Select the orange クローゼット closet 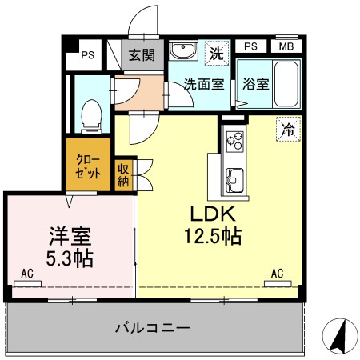[88, 165]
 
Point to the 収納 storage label [124, 174]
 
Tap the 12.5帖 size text [211, 237]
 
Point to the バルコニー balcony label [152, 328]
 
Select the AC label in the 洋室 [26, 274]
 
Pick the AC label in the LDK [278, 274]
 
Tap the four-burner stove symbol [235, 141]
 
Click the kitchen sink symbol [235, 177]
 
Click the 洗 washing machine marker [215, 54]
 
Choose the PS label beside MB [250, 46]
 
